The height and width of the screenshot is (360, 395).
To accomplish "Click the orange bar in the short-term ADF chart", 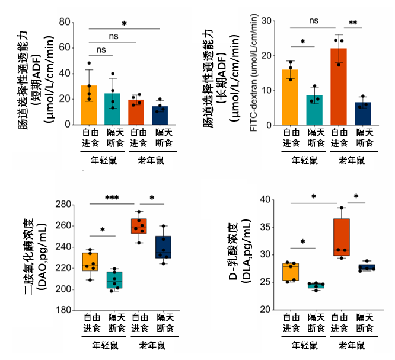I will pos(88,105).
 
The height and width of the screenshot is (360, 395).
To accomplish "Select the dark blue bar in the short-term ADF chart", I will pos(160,115).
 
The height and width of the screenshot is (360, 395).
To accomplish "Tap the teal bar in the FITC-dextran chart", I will pos(315,110).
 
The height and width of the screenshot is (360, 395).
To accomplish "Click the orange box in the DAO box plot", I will pos(90,262).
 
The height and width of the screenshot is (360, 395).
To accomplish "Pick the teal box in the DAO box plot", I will pos(114,279).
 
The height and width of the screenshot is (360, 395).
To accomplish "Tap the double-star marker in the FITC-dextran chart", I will pos(353,23).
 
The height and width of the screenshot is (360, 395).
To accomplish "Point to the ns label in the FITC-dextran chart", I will pos(314,21).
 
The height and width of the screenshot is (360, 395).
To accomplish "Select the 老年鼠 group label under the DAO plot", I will pos(151,345).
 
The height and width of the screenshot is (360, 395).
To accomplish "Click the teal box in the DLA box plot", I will pos(316,285).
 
